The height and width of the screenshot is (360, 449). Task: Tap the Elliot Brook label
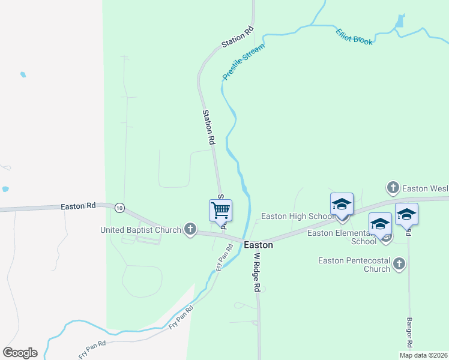click(354, 37)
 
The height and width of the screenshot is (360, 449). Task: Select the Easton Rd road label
click(78, 206)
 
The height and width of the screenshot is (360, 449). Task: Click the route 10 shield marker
click(120, 208)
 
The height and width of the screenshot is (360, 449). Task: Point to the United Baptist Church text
click(140, 230)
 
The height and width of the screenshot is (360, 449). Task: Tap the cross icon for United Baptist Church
click(190, 229)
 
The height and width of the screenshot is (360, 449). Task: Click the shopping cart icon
click(220, 210)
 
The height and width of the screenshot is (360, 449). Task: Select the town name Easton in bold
click(259, 245)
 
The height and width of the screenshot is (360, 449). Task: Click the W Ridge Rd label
click(256, 271)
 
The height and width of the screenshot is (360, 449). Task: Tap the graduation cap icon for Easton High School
click(342, 204)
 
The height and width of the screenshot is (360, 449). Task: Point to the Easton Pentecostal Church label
click(354, 265)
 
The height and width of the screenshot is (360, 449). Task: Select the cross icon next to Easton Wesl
click(393, 188)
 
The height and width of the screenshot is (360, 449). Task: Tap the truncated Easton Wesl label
click(426, 188)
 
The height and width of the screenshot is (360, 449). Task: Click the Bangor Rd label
click(410, 332)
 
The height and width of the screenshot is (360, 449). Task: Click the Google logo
click(20, 353)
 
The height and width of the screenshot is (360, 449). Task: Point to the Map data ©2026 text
click(423, 355)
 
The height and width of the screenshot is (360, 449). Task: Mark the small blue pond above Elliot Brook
click(400, 22)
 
